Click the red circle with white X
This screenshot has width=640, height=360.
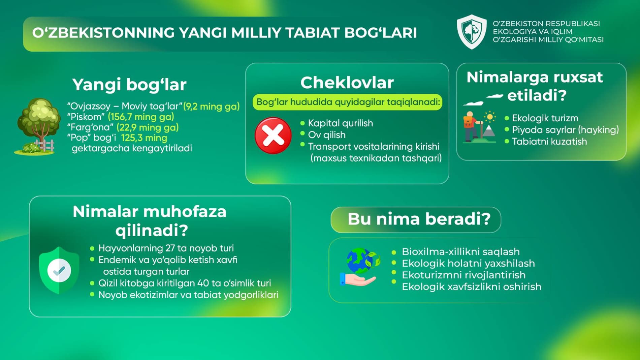point(273,136)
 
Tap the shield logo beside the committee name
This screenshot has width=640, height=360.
point(472,32)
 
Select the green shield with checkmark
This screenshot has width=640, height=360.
point(59,270)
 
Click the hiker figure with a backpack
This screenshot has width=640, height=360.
point(470,127)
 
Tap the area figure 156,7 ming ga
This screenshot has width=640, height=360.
point(141,117)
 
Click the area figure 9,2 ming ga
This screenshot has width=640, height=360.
point(211,107)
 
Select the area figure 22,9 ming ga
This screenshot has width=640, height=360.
point(148,127)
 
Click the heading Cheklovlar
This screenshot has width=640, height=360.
point(347,83)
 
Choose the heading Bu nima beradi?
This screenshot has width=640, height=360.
point(419,219)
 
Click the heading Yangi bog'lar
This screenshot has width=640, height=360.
point(129,85)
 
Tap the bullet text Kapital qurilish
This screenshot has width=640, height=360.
point(341,123)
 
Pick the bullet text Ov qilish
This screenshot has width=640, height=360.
point(327,135)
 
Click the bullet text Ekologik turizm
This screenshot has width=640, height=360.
point(545,118)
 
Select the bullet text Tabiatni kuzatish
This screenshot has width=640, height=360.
point(549,142)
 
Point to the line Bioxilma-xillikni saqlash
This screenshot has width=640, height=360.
point(461,252)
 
